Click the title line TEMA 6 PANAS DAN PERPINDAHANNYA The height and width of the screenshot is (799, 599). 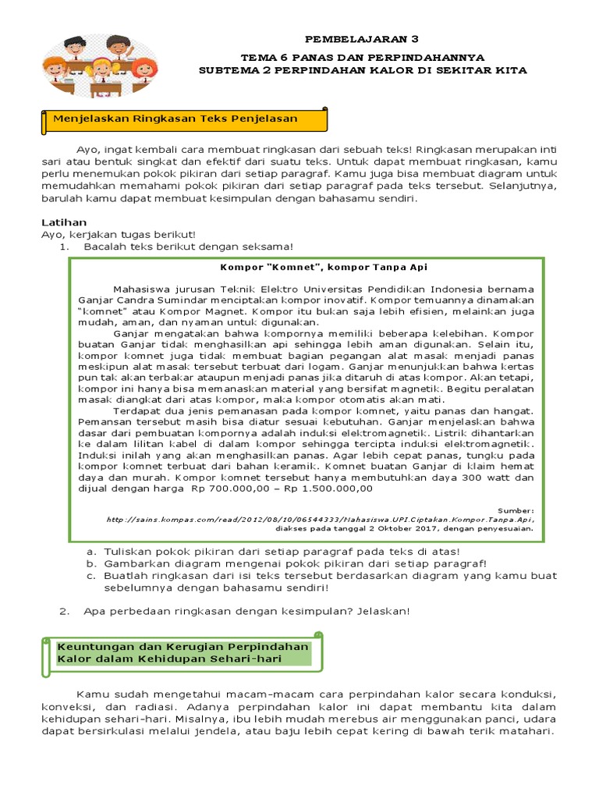pos(362,57)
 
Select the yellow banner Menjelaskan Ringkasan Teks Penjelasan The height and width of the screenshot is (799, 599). pos(183,119)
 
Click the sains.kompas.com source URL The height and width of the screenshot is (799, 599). pos(320,517)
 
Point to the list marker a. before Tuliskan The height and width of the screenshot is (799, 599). pos(90,551)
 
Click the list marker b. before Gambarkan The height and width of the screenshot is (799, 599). pos(90,563)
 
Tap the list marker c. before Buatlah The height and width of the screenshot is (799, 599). pos(90,576)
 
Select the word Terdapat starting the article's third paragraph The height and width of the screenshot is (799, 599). pos(137,410)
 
